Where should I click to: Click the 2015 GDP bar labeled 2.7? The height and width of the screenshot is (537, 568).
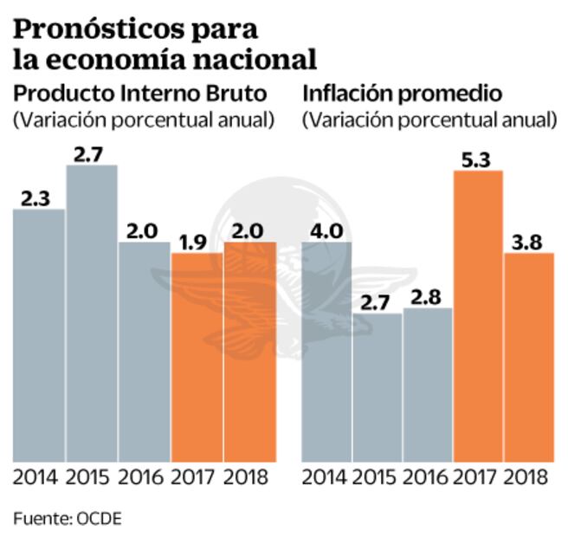pyautogui.click(x=91, y=312)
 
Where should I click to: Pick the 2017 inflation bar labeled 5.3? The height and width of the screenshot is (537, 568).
pyautogui.click(x=477, y=315)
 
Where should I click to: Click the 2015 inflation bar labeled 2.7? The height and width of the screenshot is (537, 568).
pyautogui.click(x=377, y=386)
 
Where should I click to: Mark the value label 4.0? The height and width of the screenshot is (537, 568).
pyautogui.click(x=325, y=230)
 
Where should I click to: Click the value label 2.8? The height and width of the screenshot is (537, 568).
pyautogui.click(x=427, y=296)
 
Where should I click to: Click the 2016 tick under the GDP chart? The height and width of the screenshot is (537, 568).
pyautogui.click(x=144, y=477)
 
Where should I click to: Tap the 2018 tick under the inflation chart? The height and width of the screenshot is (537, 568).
pyautogui.click(x=528, y=477)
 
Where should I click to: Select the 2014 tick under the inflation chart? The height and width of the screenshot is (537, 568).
pyautogui.click(x=325, y=477)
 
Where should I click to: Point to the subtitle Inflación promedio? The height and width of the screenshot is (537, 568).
pyautogui.click(x=402, y=94)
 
